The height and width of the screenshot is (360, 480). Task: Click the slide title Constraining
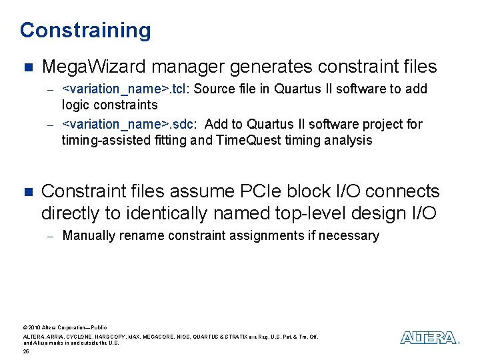tap(85, 30)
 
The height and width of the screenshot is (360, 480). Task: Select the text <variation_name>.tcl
tap(124, 89)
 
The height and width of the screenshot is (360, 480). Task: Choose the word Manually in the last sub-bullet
tap(88, 235)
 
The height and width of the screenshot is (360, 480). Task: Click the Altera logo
tap(429, 337)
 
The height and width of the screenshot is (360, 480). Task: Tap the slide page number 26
tap(25, 351)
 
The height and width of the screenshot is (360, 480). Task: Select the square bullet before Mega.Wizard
tap(27, 67)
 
